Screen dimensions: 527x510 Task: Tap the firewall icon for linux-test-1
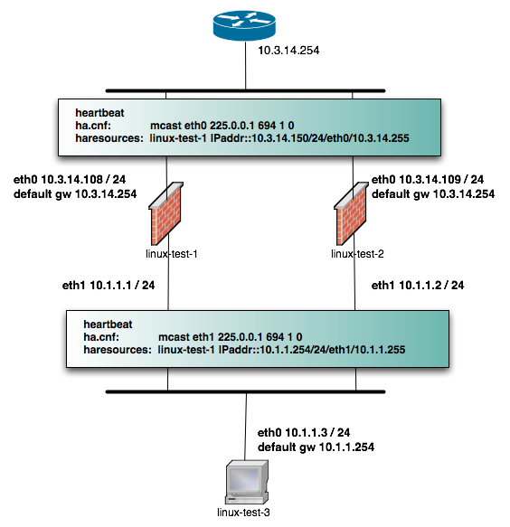point(169,215)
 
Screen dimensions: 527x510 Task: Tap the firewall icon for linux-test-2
point(352,215)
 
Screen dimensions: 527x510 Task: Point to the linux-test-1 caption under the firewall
point(171,254)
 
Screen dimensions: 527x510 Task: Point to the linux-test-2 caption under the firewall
point(355,254)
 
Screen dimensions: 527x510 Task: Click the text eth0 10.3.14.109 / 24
point(428,180)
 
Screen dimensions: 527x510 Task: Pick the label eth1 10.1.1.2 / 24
point(418,286)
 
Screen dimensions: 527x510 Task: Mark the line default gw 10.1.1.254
point(316,447)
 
